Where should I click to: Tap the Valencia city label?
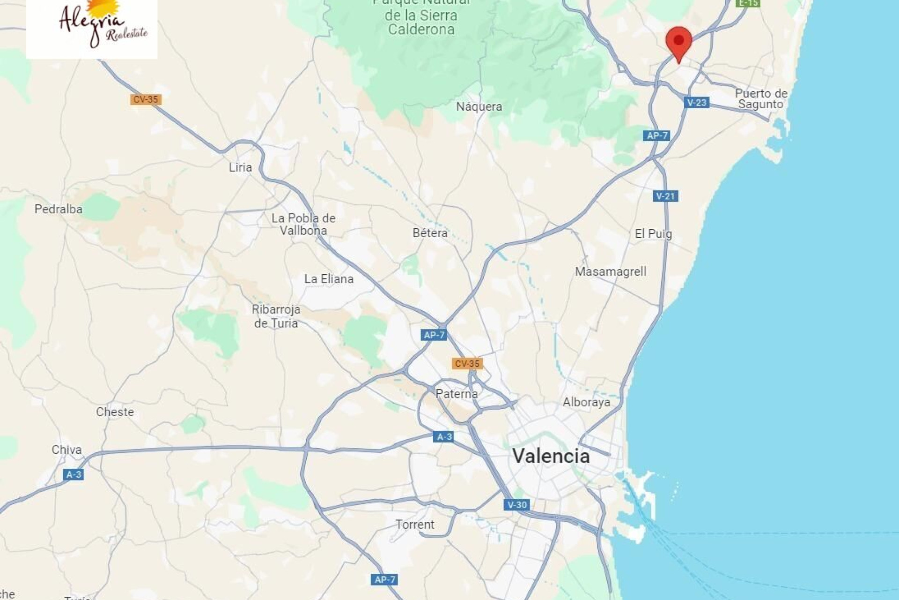click(x=551, y=456)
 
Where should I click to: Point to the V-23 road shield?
click(x=696, y=103)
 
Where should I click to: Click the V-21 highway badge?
click(x=665, y=196)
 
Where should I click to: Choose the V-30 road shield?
click(x=517, y=505)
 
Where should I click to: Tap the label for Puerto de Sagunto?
click(x=761, y=98)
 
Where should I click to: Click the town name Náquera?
click(x=479, y=107)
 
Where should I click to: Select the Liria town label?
click(x=240, y=167)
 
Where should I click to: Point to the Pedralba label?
click(x=59, y=209)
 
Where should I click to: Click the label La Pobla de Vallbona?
click(x=303, y=224)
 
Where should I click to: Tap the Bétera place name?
click(x=430, y=233)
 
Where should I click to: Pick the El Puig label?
click(x=653, y=234)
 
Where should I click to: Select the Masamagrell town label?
click(x=611, y=271)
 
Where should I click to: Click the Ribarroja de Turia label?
click(x=276, y=316)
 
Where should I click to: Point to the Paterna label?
click(x=457, y=394)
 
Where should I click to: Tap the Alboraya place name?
click(x=586, y=402)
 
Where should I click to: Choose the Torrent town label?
click(x=415, y=525)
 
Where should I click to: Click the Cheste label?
click(x=115, y=412)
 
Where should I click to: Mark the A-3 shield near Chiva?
click(x=74, y=474)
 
